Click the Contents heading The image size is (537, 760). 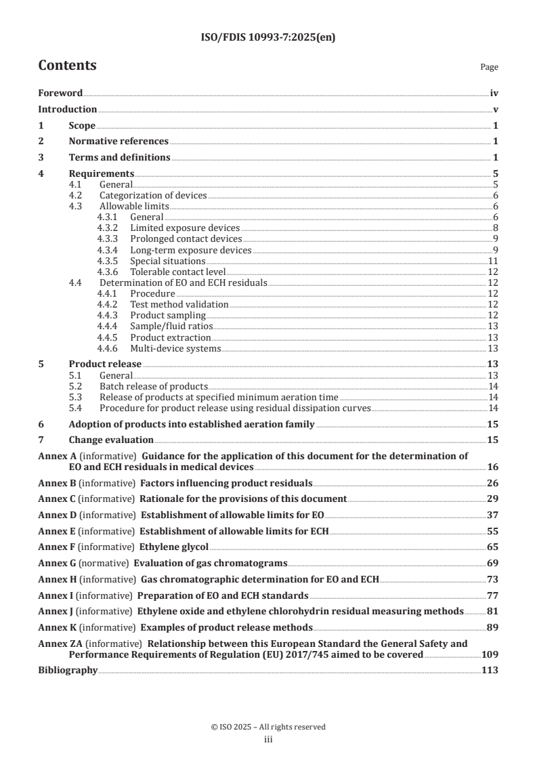tap(67, 66)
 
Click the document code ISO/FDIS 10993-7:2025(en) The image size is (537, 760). tap(268, 38)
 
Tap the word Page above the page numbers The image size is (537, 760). tap(489, 67)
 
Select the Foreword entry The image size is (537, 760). tap(60, 93)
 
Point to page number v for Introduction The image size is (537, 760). tap(496, 109)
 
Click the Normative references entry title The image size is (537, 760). tap(119, 141)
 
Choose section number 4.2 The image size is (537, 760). tap(77, 195)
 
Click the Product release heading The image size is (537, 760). tap(105, 364)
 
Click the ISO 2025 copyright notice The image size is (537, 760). tap(268, 727)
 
